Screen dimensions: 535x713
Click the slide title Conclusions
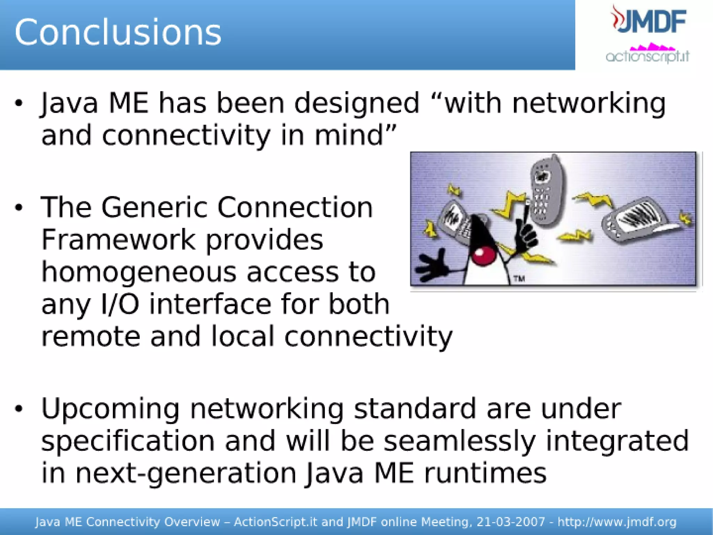tap(118, 32)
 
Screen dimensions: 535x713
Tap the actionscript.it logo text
tap(647, 56)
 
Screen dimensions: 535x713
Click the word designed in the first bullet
tap(356, 104)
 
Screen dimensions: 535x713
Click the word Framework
tap(118, 240)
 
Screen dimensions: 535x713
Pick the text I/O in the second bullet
tap(120, 304)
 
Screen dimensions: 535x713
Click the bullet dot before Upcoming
tap(19, 408)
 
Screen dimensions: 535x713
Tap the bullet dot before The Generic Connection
tap(19, 208)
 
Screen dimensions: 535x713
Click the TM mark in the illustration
tap(519, 278)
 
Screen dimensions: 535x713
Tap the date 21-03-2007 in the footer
tap(511, 522)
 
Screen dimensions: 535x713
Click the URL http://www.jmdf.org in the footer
tap(617, 522)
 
